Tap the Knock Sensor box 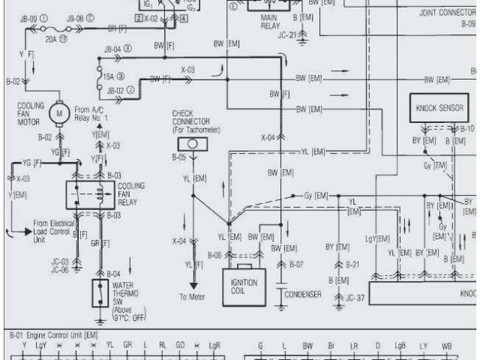pyautogui.click(x=440, y=108)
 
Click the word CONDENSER pyautogui.click(x=303, y=294)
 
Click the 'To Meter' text pyautogui.click(x=192, y=297)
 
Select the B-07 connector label pyautogui.click(x=295, y=265)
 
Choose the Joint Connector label pyautogui.click(x=445, y=13)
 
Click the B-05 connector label pyautogui.click(x=178, y=157)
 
